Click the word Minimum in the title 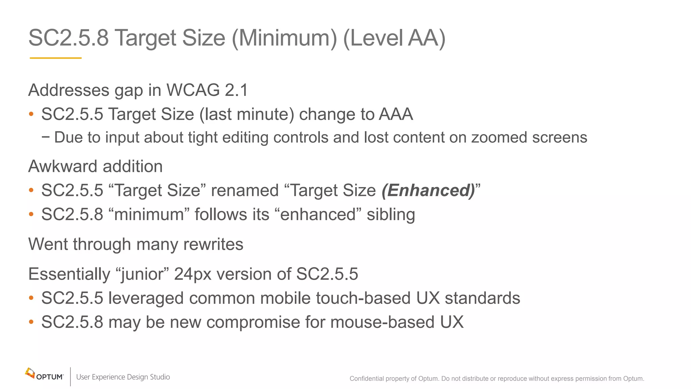(x=284, y=38)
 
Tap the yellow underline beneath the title (x=56, y=58)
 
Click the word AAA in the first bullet (x=396, y=114)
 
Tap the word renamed (x=245, y=190)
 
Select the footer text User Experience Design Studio (x=123, y=377)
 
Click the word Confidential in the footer (x=366, y=379)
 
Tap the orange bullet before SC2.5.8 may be (x=31, y=322)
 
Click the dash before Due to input (x=46, y=137)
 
